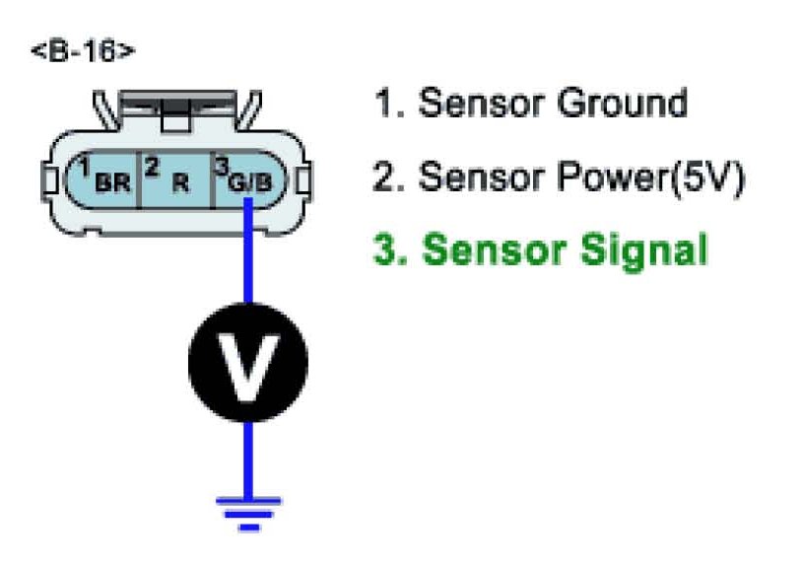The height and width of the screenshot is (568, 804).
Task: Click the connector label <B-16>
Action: click(x=82, y=51)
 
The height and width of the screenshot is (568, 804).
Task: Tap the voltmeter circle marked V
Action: click(x=247, y=363)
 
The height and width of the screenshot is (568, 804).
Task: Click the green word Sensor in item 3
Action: click(x=477, y=249)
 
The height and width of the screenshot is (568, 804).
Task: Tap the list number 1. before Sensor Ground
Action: click(x=387, y=104)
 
